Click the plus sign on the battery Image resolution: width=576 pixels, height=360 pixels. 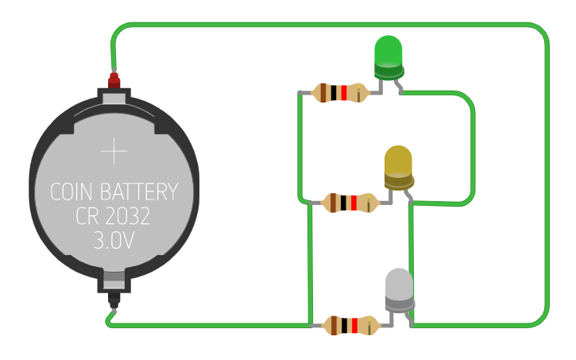pyautogui.click(x=114, y=150)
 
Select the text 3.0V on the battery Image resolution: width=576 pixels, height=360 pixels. pyautogui.click(x=114, y=241)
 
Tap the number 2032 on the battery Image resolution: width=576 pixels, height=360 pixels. pyautogui.click(x=127, y=216)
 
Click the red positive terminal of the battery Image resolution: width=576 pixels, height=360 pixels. pyautogui.click(x=114, y=79)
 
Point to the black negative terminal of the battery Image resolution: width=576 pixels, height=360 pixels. pyautogui.click(x=114, y=303)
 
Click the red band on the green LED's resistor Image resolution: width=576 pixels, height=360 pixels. pyautogui.click(x=343, y=93)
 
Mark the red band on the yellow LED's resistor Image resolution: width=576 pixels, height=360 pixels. pyautogui.click(x=354, y=203)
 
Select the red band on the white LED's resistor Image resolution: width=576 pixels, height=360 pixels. pyautogui.click(x=353, y=325)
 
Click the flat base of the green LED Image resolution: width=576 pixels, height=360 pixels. pyautogui.click(x=388, y=73)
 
